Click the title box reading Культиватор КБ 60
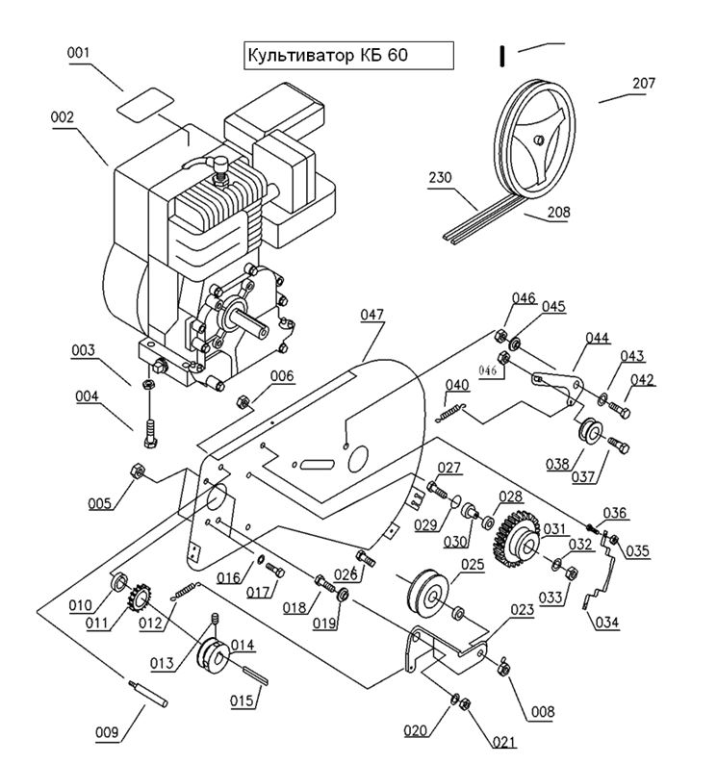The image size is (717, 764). tap(347, 55)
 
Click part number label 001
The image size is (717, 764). tap(79, 53)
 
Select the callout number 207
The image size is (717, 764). tap(643, 84)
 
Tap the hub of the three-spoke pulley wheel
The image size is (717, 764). tap(539, 140)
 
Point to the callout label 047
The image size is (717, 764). tap(372, 315)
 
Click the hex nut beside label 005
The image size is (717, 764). tap(136, 471)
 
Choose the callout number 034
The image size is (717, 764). tap(607, 622)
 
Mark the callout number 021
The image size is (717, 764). tap(501, 741)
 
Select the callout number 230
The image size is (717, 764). tap(441, 178)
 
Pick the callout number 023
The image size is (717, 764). tap(522, 608)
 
